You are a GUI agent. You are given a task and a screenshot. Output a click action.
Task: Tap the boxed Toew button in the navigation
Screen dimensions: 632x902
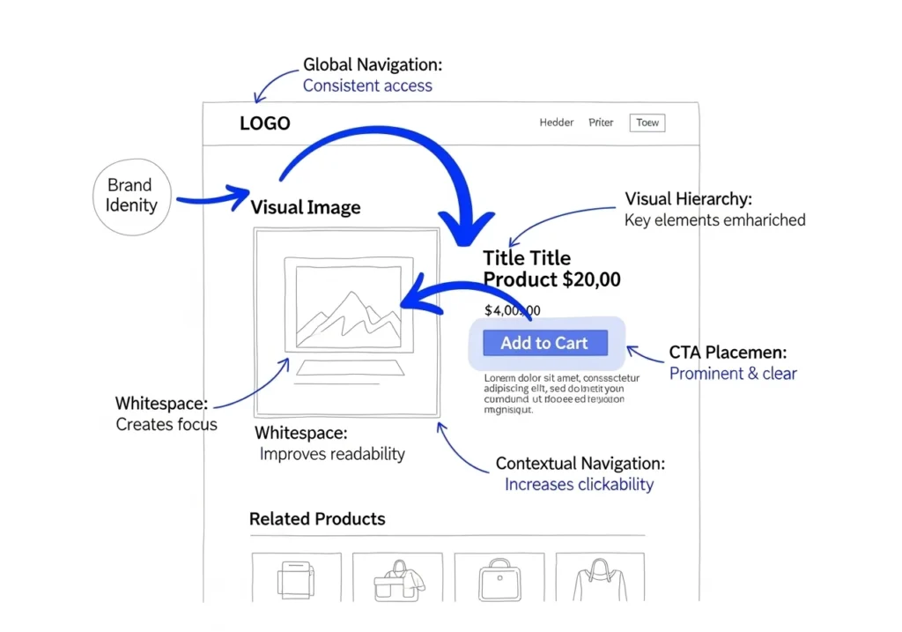tap(647, 123)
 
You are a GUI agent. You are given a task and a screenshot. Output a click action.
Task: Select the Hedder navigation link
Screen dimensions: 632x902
tap(557, 123)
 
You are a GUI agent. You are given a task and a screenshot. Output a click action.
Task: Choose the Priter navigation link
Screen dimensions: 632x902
tap(601, 123)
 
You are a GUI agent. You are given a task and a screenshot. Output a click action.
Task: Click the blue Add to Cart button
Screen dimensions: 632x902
tap(544, 344)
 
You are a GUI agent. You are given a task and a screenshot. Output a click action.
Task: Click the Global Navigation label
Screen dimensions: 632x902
tap(373, 64)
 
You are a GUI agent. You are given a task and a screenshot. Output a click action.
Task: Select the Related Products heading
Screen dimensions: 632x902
tap(317, 519)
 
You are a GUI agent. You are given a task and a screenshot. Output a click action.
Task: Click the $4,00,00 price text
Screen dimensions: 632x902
tap(513, 310)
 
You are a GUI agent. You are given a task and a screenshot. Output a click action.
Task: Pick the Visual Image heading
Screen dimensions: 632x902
tap(306, 208)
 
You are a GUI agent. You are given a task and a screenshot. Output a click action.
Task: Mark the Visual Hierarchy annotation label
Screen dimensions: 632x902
tap(688, 199)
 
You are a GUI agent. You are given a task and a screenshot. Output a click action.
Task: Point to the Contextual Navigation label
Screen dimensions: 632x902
tap(580, 464)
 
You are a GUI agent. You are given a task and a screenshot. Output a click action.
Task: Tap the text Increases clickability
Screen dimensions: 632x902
tap(579, 485)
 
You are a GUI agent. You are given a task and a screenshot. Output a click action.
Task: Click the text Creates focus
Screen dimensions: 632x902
tap(166, 425)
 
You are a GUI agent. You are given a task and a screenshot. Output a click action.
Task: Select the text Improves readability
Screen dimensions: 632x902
tap(332, 455)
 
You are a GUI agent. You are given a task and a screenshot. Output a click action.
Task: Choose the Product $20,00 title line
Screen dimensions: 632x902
tap(551, 280)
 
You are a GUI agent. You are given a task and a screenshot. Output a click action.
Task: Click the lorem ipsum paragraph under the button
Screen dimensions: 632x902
tap(555, 393)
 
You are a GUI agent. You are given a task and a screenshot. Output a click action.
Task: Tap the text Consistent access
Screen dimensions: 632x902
tap(367, 86)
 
